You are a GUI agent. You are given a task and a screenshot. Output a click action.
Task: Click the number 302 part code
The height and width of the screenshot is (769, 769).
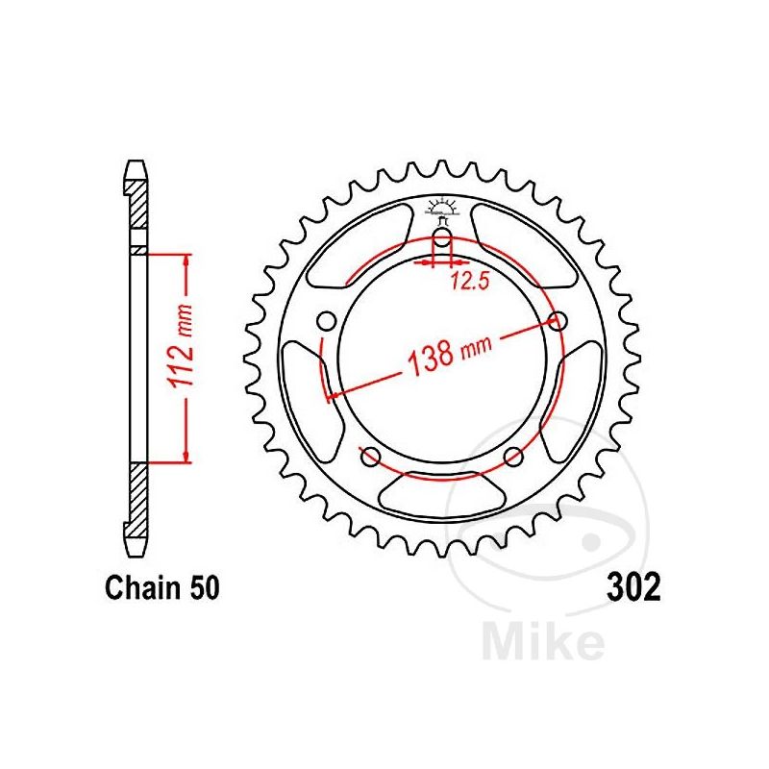pyautogui.click(x=633, y=586)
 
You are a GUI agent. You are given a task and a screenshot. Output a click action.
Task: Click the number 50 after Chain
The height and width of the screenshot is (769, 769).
pyautogui.click(x=203, y=587)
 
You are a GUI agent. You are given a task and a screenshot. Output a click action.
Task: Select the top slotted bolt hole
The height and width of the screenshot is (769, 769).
pyautogui.click(x=442, y=241)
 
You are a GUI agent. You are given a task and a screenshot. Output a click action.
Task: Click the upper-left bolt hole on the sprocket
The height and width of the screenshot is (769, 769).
pyautogui.click(x=328, y=320)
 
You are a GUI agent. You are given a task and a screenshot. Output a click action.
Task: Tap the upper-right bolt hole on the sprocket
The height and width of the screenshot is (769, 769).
pyautogui.click(x=556, y=320)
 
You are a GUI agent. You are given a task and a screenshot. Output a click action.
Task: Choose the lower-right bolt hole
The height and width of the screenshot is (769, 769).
pyautogui.click(x=513, y=456)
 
